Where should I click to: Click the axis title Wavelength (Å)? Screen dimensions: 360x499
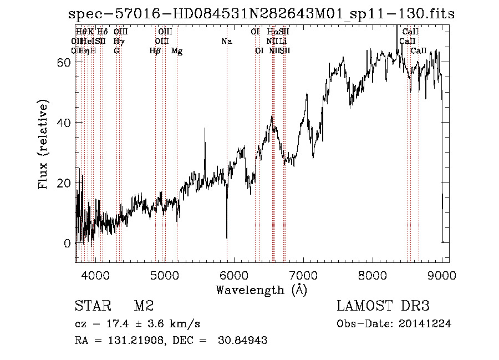coord(261,290)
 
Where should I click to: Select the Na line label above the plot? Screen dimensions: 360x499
coord(226,42)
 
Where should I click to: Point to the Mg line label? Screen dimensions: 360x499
coord(177,51)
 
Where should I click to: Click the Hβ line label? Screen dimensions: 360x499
coord(155,51)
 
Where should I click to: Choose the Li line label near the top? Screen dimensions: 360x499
coord(283,42)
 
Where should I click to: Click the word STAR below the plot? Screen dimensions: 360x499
coord(92,306)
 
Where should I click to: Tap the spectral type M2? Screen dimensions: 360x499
coord(143,306)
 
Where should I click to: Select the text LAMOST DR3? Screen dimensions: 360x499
coord(383,306)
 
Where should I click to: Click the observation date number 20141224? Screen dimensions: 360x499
coord(427,324)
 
